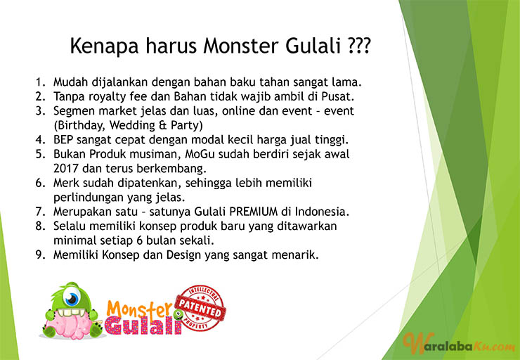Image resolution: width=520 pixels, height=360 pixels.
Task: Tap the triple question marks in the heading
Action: [x=358, y=46]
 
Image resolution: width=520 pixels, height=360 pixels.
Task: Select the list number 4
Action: [x=41, y=140]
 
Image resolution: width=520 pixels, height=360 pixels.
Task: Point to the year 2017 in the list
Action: [x=66, y=169]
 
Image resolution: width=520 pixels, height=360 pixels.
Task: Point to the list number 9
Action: [x=41, y=255]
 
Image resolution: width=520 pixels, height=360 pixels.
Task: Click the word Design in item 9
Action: [x=183, y=255]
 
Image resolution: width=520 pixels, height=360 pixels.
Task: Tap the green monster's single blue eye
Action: [x=72, y=299]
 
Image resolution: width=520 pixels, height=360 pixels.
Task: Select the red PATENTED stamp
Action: [x=201, y=309]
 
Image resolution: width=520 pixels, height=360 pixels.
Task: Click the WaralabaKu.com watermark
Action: [x=459, y=346]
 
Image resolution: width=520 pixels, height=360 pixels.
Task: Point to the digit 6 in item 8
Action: [x=139, y=240]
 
